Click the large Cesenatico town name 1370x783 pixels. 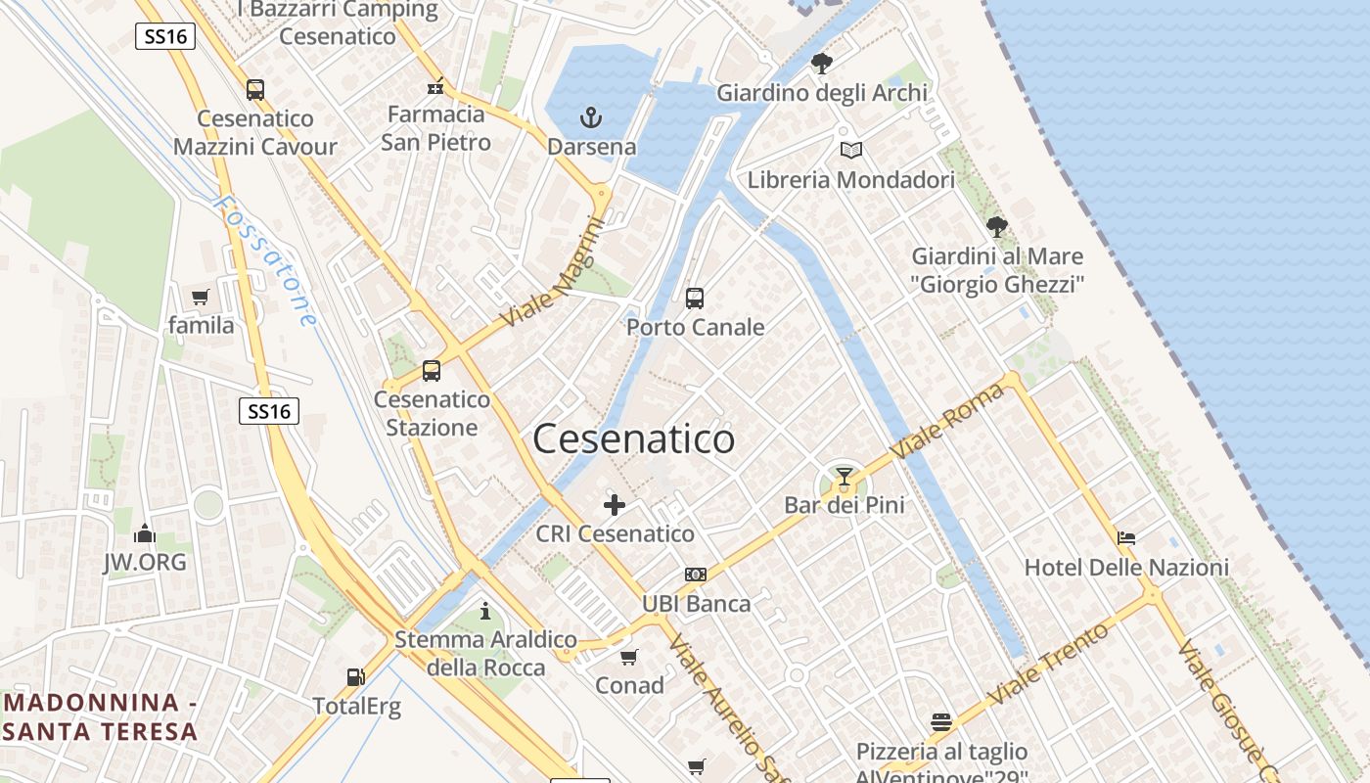point(633,439)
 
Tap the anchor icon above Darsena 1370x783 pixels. point(590,118)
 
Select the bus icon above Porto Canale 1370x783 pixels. point(695,299)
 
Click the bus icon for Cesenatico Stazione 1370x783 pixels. point(432,371)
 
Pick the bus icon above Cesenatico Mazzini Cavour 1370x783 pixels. point(255,90)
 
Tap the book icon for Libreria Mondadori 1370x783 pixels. point(851,151)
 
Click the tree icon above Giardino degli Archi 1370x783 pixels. point(822,64)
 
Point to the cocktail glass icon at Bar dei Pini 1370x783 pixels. point(845,477)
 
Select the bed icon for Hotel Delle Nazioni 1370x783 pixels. point(1126,538)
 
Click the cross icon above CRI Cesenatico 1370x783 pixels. point(615,505)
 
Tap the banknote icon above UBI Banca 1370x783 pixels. point(696,575)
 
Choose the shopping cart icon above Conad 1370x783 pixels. point(629,657)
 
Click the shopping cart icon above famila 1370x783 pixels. point(201,297)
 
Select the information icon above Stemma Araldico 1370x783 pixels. point(485,612)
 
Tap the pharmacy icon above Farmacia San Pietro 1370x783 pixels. point(436,86)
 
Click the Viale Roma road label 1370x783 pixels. point(946,422)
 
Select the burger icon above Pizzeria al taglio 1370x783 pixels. point(941,722)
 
